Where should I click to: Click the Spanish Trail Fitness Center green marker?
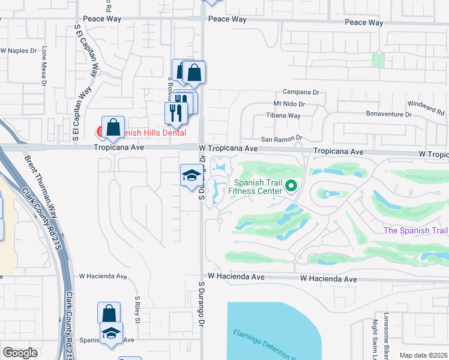point(292,187)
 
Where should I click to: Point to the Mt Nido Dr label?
point(290,104)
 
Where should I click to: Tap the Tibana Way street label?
point(284,115)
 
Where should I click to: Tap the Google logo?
point(20,353)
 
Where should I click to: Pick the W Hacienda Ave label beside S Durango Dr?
point(236,277)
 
